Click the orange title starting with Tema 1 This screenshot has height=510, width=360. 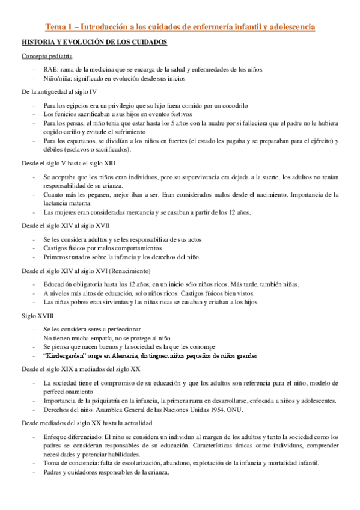180,27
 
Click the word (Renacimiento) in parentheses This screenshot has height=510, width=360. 135,270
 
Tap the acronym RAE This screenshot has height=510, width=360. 50,69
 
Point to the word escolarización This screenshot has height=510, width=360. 153,446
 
